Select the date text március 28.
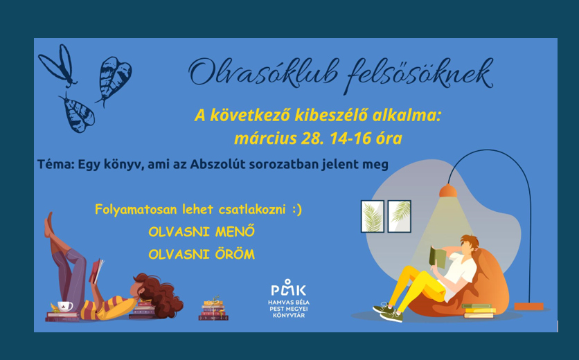coord(279,138)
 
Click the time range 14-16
coord(350,138)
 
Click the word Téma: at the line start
coord(56,164)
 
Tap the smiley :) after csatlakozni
coord(297,209)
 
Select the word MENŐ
coord(235,232)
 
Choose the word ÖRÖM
coord(235,254)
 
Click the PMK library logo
coord(289,298)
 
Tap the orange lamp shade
coord(448,190)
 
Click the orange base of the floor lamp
coord(528,307)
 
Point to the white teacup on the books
coord(64,307)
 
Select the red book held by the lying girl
coord(96,271)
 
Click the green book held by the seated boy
coord(437,257)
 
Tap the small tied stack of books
coord(213,309)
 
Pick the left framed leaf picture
coord(372,217)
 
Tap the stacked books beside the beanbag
coord(479,311)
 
